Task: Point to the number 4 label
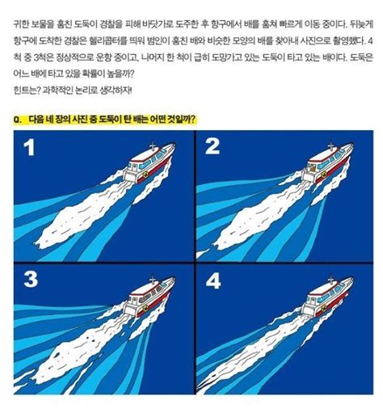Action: tap(213, 282)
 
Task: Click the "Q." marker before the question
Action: tap(18, 119)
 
